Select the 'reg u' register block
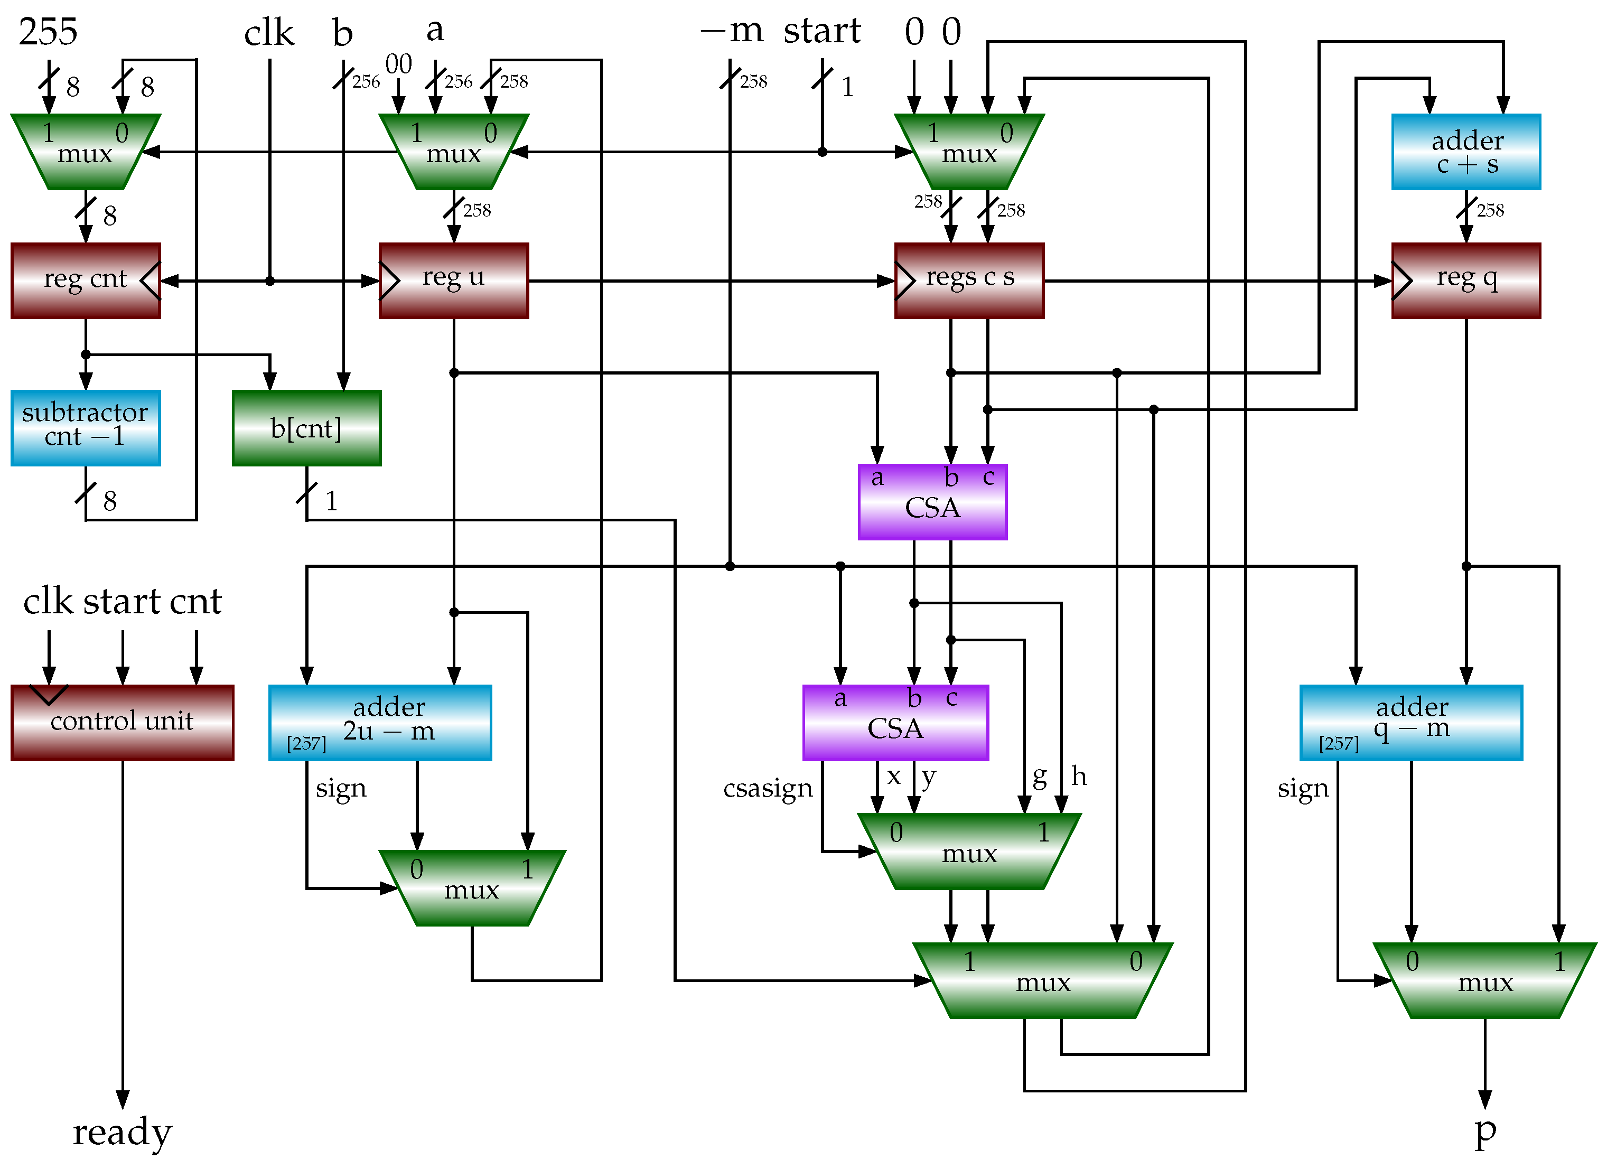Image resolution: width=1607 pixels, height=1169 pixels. (x=453, y=280)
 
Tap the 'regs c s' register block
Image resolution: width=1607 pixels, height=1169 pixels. (x=969, y=280)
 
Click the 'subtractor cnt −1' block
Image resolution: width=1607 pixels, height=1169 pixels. (x=85, y=427)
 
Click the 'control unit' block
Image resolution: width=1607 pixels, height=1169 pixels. (x=122, y=722)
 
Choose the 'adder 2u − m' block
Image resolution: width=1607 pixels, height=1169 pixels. (x=380, y=722)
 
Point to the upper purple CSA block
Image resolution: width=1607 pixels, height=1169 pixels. (x=932, y=502)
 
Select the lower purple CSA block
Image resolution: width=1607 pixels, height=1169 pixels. (x=895, y=722)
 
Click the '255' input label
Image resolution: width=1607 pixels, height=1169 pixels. (x=48, y=32)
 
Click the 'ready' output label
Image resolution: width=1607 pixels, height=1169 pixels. (x=122, y=1131)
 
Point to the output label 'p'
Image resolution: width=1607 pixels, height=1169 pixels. (x=1484, y=1131)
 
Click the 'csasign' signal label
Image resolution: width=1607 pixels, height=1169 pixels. (x=768, y=788)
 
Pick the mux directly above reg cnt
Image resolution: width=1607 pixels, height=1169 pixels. (x=85, y=152)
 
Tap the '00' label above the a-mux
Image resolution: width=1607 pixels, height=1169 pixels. (x=398, y=64)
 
